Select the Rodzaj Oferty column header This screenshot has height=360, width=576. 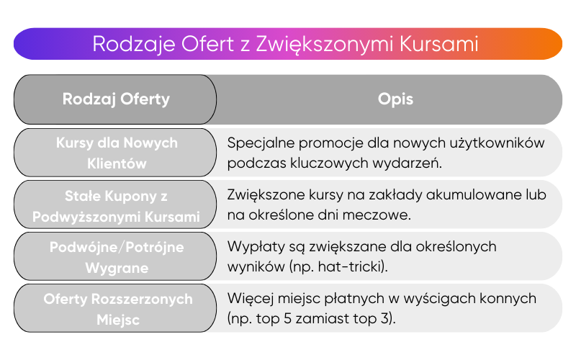[116, 99]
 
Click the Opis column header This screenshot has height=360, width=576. [395, 99]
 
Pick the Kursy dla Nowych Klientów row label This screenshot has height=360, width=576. [116, 153]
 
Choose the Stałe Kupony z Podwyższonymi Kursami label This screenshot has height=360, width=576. [116, 205]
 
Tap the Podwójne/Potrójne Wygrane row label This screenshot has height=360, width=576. [116, 257]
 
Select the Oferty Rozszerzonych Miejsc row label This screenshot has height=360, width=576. [116, 308]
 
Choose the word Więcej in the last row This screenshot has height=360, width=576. [249, 298]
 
